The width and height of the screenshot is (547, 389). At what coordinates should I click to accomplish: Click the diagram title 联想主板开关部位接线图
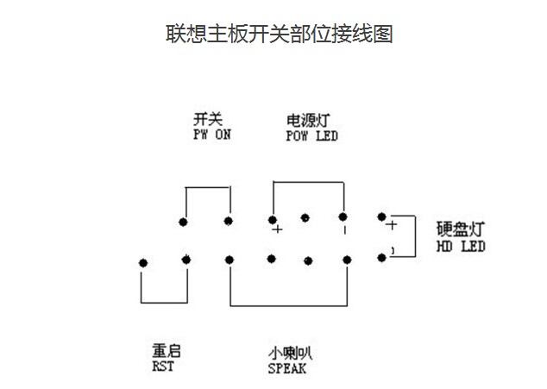coord(279,35)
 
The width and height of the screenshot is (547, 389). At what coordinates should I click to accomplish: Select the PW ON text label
coord(212,135)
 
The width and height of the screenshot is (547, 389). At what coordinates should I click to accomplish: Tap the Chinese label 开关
coord(208,120)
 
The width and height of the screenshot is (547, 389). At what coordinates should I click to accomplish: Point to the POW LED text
coord(311,136)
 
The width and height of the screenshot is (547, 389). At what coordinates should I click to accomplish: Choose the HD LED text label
coord(461,247)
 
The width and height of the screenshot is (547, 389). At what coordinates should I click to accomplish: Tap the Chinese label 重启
coord(166,352)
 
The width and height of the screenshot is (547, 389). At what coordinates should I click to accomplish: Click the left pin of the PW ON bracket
coord(184,222)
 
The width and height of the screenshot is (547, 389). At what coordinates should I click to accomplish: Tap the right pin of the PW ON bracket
coord(229,221)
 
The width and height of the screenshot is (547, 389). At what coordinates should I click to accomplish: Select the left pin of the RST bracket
coord(142,261)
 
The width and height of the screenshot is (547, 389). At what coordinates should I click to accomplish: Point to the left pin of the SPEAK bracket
coord(229,259)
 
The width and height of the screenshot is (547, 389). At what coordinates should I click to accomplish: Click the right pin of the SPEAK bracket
coord(347,259)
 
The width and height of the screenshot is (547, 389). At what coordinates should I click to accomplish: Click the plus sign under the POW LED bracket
coord(277,230)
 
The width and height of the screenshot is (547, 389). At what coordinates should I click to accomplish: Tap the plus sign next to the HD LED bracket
coord(392,225)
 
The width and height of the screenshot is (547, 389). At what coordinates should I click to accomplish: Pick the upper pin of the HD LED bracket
coord(382,217)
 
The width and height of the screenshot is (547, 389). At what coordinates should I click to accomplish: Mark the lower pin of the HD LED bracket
coord(382,257)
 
